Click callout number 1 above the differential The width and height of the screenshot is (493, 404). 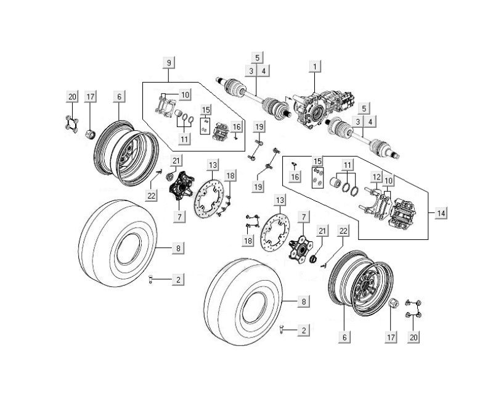(x=316, y=65)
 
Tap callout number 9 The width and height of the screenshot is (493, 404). (x=169, y=62)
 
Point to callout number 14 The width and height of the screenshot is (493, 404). (x=440, y=213)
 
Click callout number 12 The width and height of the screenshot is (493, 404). (x=375, y=177)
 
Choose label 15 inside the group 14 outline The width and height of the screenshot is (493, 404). (x=318, y=161)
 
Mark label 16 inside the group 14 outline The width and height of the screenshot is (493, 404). (x=295, y=177)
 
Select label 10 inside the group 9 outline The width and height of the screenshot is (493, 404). (x=185, y=94)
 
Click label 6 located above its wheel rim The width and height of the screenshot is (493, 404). (x=118, y=96)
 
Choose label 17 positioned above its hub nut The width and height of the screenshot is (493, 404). (x=90, y=96)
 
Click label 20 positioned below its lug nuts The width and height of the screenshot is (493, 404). (x=414, y=337)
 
